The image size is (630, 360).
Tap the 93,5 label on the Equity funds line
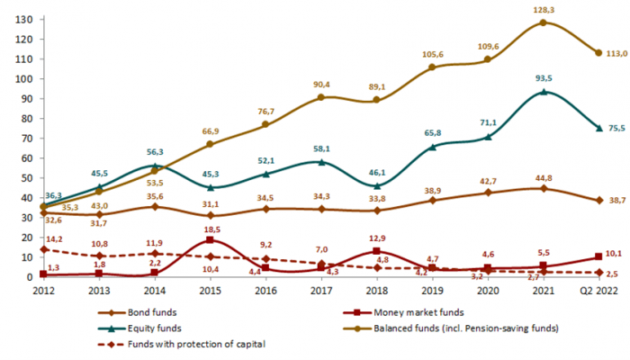pos(544,78)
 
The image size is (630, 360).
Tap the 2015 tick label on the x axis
pos(210,291)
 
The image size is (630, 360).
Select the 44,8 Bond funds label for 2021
pos(544,177)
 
